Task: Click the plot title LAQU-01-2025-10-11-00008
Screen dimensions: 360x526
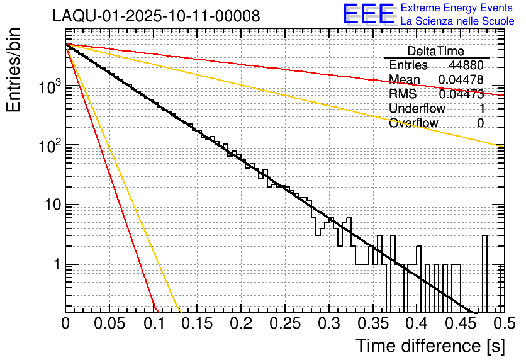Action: (156, 16)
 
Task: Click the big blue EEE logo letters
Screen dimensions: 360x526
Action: (369, 14)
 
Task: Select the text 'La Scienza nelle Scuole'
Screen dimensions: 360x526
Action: (457, 21)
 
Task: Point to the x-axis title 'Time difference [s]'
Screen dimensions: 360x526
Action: (428, 346)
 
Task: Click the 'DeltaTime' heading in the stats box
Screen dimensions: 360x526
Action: (436, 51)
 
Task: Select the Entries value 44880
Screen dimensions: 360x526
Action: (466, 65)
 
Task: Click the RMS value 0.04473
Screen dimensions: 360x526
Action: (461, 94)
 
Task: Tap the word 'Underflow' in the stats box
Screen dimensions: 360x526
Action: (415, 109)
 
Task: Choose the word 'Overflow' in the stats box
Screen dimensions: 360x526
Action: (413, 123)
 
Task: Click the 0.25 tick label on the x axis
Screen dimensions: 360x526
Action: (285, 323)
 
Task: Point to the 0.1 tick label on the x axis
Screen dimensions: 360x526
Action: (154, 323)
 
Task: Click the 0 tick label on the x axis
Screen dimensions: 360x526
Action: (66, 323)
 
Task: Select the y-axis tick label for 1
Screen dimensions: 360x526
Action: (55, 264)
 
